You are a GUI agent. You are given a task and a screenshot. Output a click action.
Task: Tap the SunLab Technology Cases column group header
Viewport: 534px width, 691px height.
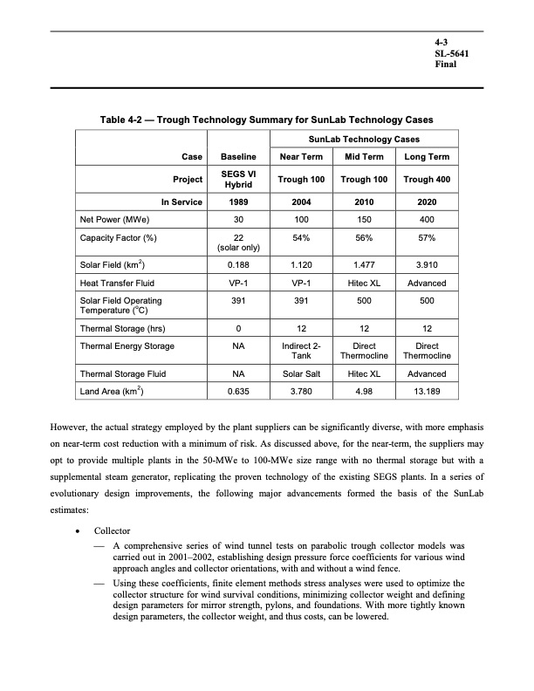(363, 139)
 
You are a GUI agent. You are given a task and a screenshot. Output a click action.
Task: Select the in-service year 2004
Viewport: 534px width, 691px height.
(299, 202)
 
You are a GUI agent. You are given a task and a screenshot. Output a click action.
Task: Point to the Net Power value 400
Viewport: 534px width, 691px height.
(427, 220)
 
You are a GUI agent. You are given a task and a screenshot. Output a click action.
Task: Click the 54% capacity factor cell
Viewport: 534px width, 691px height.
(299, 237)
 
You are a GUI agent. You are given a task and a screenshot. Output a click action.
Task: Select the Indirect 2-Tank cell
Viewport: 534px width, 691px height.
(299, 351)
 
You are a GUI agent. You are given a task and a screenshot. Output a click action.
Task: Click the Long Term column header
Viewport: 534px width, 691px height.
(427, 156)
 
